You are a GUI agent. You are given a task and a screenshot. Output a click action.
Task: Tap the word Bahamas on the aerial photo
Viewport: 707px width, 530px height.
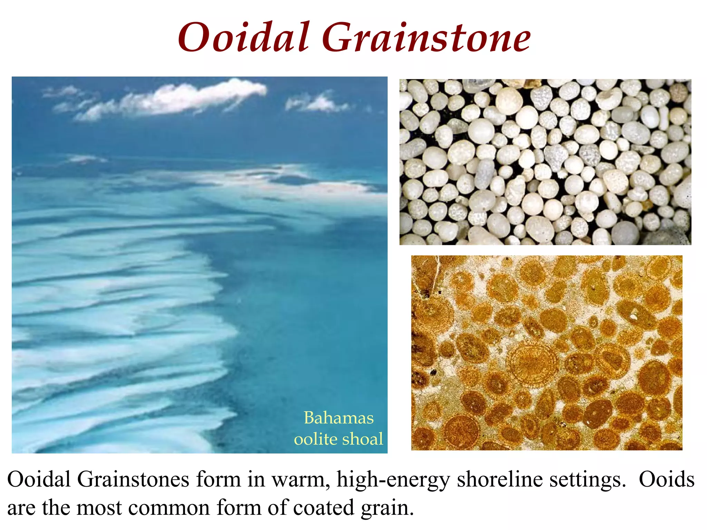click(339, 418)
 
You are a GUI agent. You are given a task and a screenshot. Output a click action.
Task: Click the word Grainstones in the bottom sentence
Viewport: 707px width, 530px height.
click(133, 479)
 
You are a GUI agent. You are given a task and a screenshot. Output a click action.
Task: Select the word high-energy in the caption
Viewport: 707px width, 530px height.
click(393, 480)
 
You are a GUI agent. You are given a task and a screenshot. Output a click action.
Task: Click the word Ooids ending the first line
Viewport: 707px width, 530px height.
click(666, 479)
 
